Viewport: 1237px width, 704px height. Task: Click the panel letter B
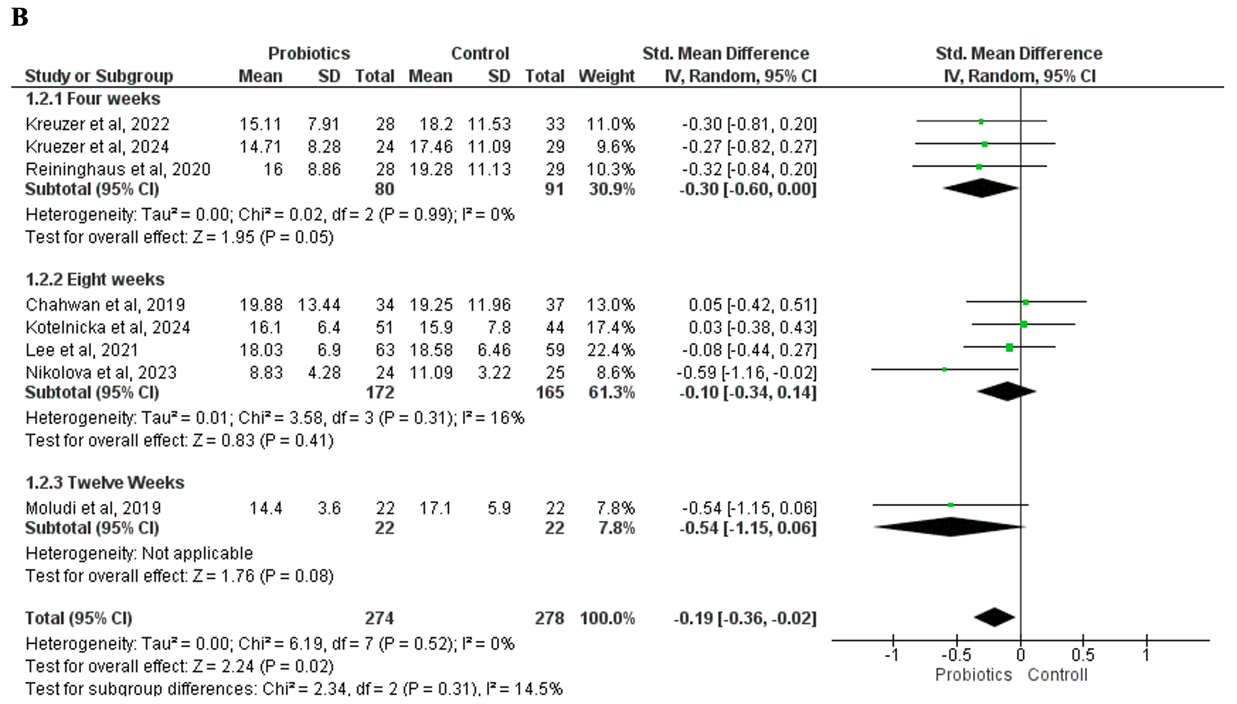click(x=20, y=17)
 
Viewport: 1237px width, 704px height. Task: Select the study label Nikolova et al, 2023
click(x=101, y=373)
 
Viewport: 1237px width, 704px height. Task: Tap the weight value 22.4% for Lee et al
click(x=611, y=350)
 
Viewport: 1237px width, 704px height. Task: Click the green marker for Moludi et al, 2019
click(x=951, y=505)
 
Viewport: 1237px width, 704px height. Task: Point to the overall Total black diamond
click(x=994, y=618)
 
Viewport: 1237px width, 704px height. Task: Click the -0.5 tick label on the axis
click(x=956, y=655)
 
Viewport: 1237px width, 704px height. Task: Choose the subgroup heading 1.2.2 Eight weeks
click(x=95, y=279)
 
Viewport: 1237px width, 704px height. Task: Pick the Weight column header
click(x=606, y=76)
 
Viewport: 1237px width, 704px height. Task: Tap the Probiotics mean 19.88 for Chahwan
click(x=261, y=305)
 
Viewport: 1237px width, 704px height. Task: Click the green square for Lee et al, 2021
click(x=1009, y=348)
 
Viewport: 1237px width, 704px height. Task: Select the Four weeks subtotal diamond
click(x=982, y=188)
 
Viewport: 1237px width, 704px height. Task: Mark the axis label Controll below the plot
click(x=1057, y=675)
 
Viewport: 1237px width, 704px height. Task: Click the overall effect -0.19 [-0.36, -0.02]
click(x=745, y=618)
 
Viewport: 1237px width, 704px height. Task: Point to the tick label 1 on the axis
click(x=1146, y=655)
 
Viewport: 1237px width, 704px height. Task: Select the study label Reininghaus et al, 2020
click(x=118, y=169)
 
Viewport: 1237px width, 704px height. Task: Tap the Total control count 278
click(x=549, y=618)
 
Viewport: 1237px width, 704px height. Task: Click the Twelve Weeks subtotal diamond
click(x=949, y=527)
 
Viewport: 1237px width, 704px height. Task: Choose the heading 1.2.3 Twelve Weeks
click(x=105, y=483)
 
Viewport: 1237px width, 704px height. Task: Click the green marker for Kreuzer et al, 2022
click(x=981, y=122)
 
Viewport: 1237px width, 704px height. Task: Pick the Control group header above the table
click(x=480, y=54)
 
